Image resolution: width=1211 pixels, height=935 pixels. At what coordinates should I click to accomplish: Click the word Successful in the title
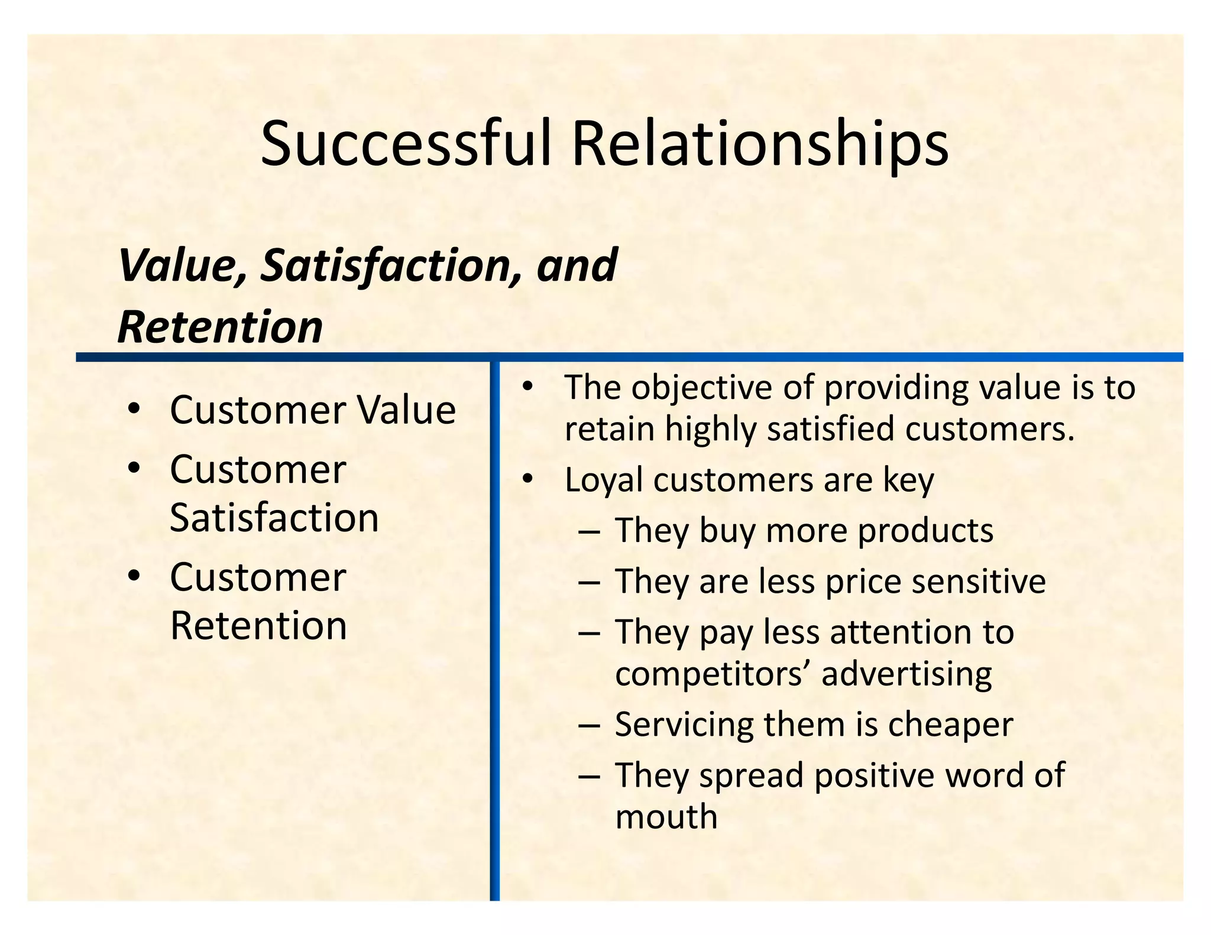[406, 144]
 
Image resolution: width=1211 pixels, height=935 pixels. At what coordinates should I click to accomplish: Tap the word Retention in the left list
[258, 625]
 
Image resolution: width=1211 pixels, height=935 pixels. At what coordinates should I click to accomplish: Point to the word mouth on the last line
[666, 817]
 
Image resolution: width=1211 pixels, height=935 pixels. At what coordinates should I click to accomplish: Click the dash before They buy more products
[590, 531]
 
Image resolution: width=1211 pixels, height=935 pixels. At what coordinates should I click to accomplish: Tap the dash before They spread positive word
[590, 776]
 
